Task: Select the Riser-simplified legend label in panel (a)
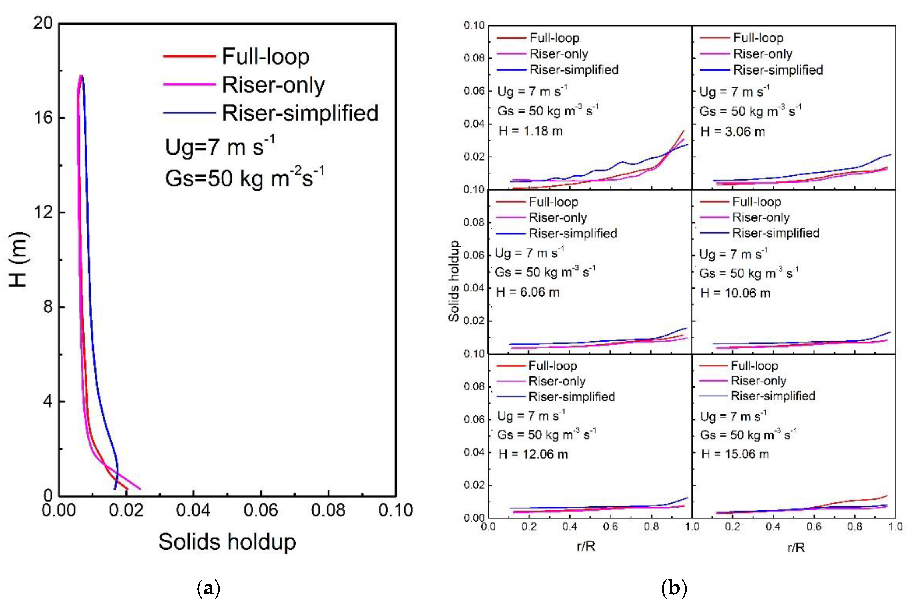tap(300, 113)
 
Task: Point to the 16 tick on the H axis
tap(43, 117)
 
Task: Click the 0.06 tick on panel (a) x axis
tap(261, 510)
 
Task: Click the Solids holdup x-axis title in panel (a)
tap(227, 542)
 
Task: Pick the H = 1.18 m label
tap(530, 131)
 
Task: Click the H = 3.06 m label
tap(733, 132)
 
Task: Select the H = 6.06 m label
tap(528, 292)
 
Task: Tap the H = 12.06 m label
tap(533, 454)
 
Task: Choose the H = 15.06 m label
tap(735, 454)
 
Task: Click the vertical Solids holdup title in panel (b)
tap(454, 281)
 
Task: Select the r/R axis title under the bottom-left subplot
tap(586, 546)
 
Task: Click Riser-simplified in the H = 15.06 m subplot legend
tap(773, 396)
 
